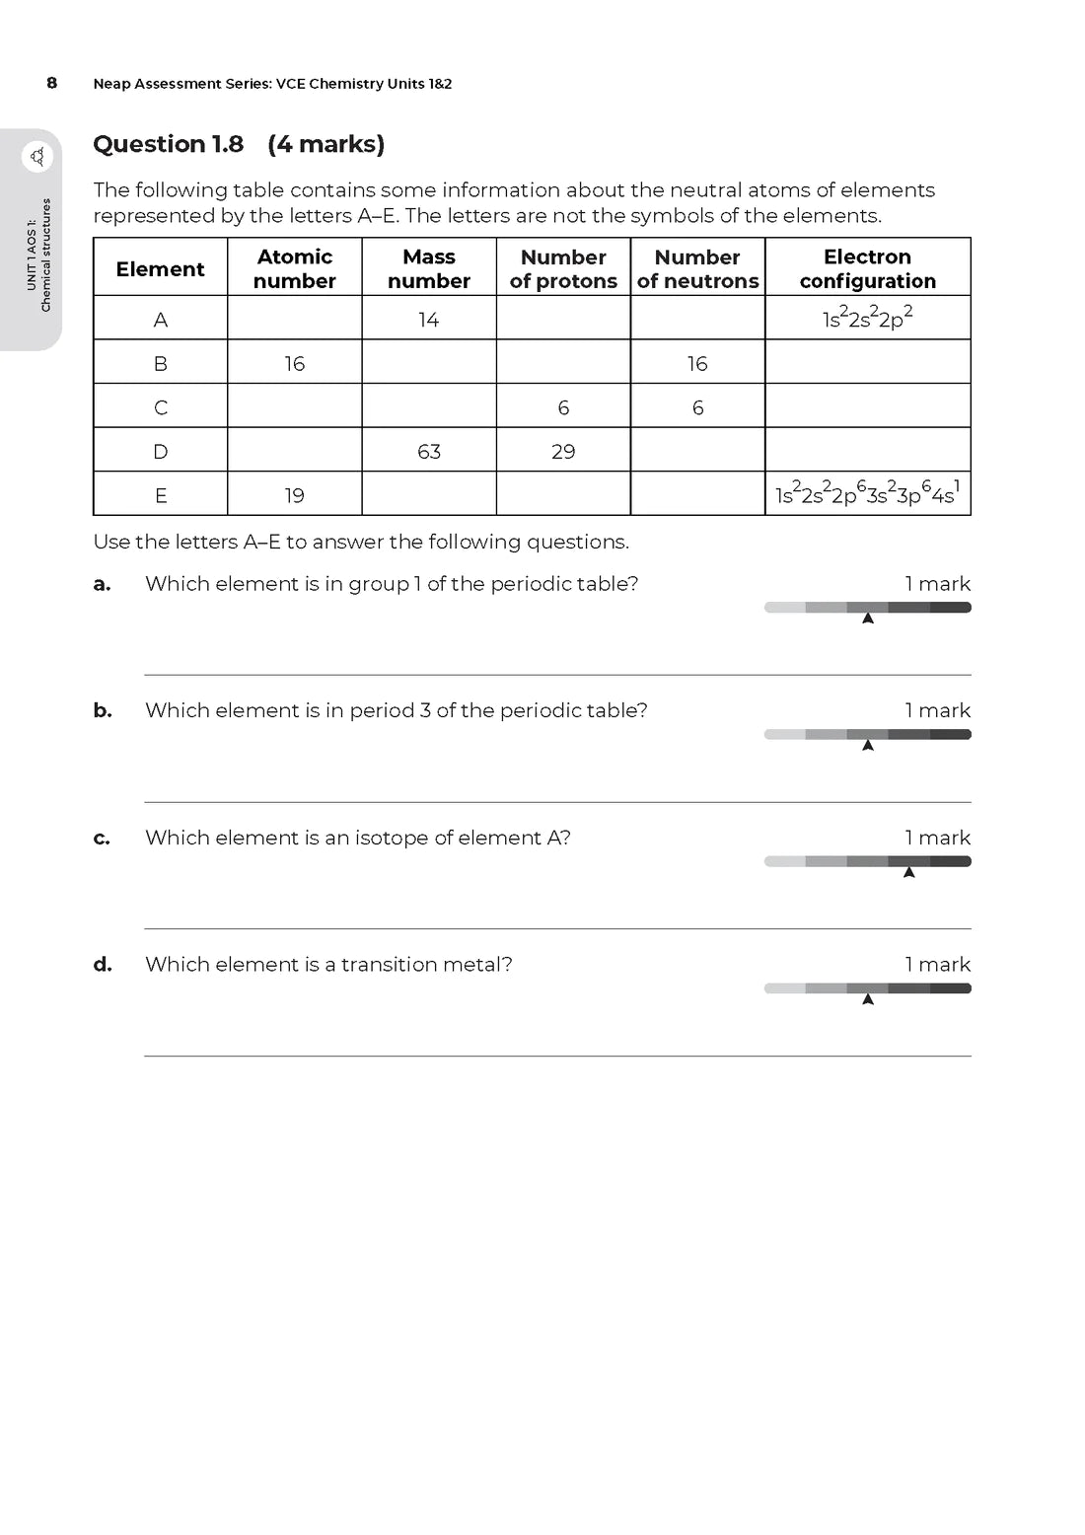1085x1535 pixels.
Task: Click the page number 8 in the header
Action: (x=52, y=83)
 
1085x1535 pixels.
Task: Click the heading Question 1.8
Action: (x=169, y=144)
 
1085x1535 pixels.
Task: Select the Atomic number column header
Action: (x=294, y=268)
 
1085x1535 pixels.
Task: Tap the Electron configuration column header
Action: (x=867, y=268)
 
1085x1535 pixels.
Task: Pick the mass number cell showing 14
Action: (x=428, y=320)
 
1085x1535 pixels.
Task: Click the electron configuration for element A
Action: (x=867, y=318)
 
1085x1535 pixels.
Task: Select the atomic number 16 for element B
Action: (x=294, y=364)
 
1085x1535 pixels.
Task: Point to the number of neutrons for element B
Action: (x=697, y=364)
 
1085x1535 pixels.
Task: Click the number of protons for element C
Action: (x=563, y=407)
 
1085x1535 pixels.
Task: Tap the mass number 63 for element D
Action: (x=428, y=452)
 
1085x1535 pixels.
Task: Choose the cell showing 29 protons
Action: (x=563, y=452)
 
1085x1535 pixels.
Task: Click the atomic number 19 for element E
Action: (x=294, y=495)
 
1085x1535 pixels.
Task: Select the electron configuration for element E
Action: (x=867, y=493)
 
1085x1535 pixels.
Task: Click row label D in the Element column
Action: (x=161, y=452)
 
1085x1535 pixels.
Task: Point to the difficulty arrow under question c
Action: (x=908, y=872)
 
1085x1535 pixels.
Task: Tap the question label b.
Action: (x=102, y=710)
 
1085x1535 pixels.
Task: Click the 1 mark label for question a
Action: (x=937, y=584)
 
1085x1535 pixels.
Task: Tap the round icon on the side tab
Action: (x=37, y=156)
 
